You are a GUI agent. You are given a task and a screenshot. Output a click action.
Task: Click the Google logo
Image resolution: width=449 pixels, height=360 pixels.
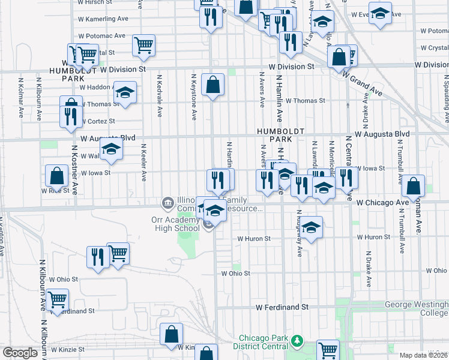pyautogui.click(x=20, y=353)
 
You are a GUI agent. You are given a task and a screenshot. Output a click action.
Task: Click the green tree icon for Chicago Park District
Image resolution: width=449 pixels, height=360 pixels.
pyautogui.click(x=295, y=341)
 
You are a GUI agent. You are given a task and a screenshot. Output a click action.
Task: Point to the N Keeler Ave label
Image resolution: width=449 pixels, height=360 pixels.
pyautogui.click(x=144, y=162)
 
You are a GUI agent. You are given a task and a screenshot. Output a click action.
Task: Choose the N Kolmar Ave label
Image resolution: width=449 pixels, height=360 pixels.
pyautogui.click(x=21, y=96)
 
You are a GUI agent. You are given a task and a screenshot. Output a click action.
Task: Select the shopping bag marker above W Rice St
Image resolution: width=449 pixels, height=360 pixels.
pyautogui.click(x=56, y=176)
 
